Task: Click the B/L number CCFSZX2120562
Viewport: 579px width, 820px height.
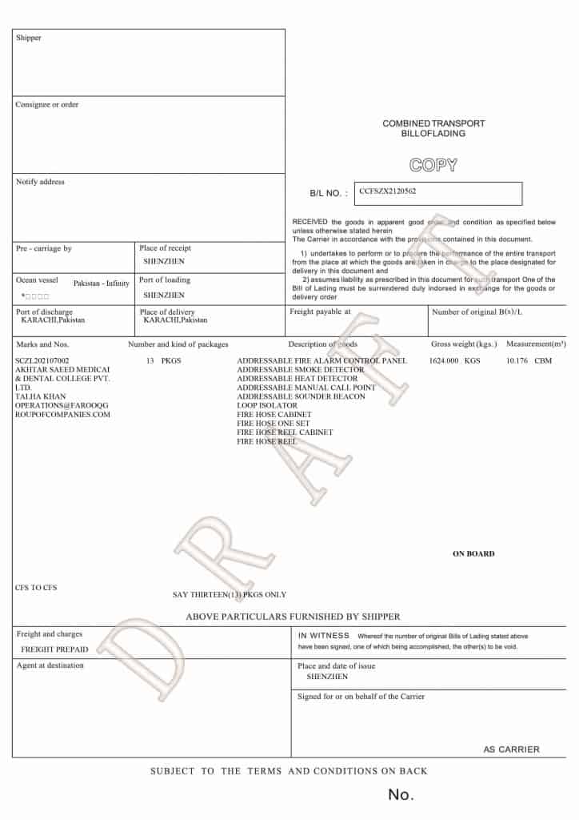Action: [x=388, y=191]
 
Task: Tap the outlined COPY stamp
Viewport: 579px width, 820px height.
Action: [x=433, y=166]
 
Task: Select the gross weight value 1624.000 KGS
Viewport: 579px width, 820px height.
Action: [x=454, y=360]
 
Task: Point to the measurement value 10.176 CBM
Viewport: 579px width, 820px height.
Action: [x=529, y=360]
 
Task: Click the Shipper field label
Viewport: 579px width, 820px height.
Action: [x=29, y=38]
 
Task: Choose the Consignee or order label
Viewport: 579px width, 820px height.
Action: [x=47, y=105]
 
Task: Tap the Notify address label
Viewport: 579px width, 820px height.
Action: [x=41, y=182]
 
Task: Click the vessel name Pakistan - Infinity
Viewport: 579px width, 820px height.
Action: [x=102, y=283]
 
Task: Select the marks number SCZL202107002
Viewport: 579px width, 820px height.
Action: [x=42, y=361]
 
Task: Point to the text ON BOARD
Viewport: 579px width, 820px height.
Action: [x=473, y=553]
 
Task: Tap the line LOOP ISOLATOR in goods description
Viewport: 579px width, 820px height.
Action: [x=267, y=405]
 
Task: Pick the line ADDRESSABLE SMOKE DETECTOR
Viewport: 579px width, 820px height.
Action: [x=300, y=369]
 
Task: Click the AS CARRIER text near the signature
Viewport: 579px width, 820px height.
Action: [x=511, y=750]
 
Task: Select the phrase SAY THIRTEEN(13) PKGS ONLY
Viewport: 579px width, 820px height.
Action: [x=230, y=594]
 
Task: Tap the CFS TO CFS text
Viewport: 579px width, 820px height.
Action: [x=36, y=588]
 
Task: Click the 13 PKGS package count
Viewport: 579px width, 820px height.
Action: [x=164, y=360]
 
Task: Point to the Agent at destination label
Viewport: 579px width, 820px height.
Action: [x=50, y=665]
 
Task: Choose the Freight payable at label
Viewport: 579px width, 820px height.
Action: [x=320, y=312]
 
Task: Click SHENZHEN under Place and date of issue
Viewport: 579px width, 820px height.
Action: [x=327, y=677]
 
